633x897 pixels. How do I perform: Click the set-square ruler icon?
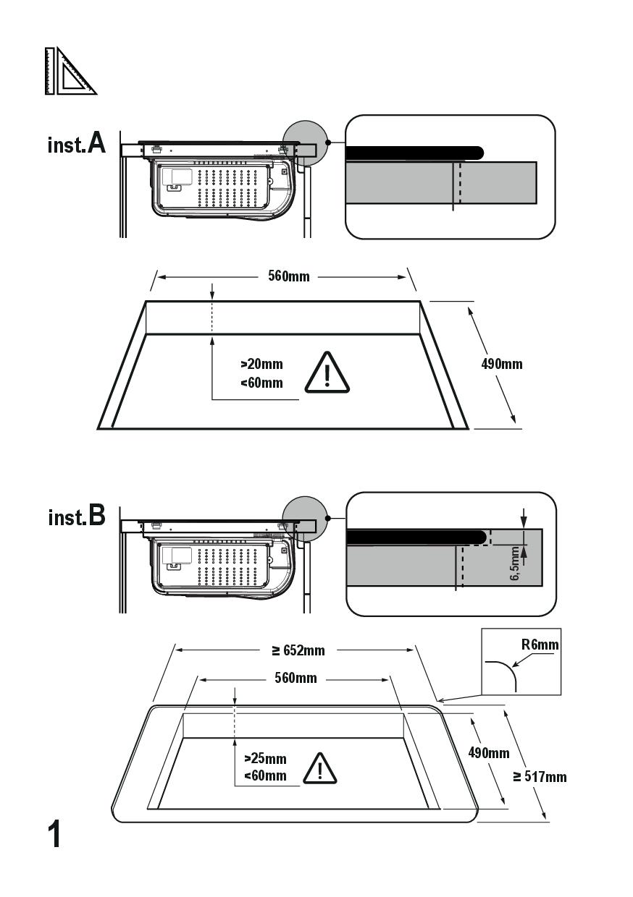click(x=70, y=71)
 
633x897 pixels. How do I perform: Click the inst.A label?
click(x=77, y=143)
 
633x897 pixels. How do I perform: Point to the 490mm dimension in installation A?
click(x=501, y=363)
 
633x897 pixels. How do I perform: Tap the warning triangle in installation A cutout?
click(x=327, y=373)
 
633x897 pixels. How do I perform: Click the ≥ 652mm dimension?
click(x=298, y=650)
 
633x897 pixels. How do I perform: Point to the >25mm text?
click(x=265, y=759)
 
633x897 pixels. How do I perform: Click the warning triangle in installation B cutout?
click(x=316, y=768)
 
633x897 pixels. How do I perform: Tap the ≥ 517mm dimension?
click(x=540, y=777)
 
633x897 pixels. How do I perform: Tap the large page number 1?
click(x=55, y=834)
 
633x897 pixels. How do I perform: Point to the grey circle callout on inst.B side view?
click(x=303, y=517)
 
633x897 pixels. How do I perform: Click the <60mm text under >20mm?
click(x=261, y=383)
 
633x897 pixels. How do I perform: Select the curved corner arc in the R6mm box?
click(x=503, y=673)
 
